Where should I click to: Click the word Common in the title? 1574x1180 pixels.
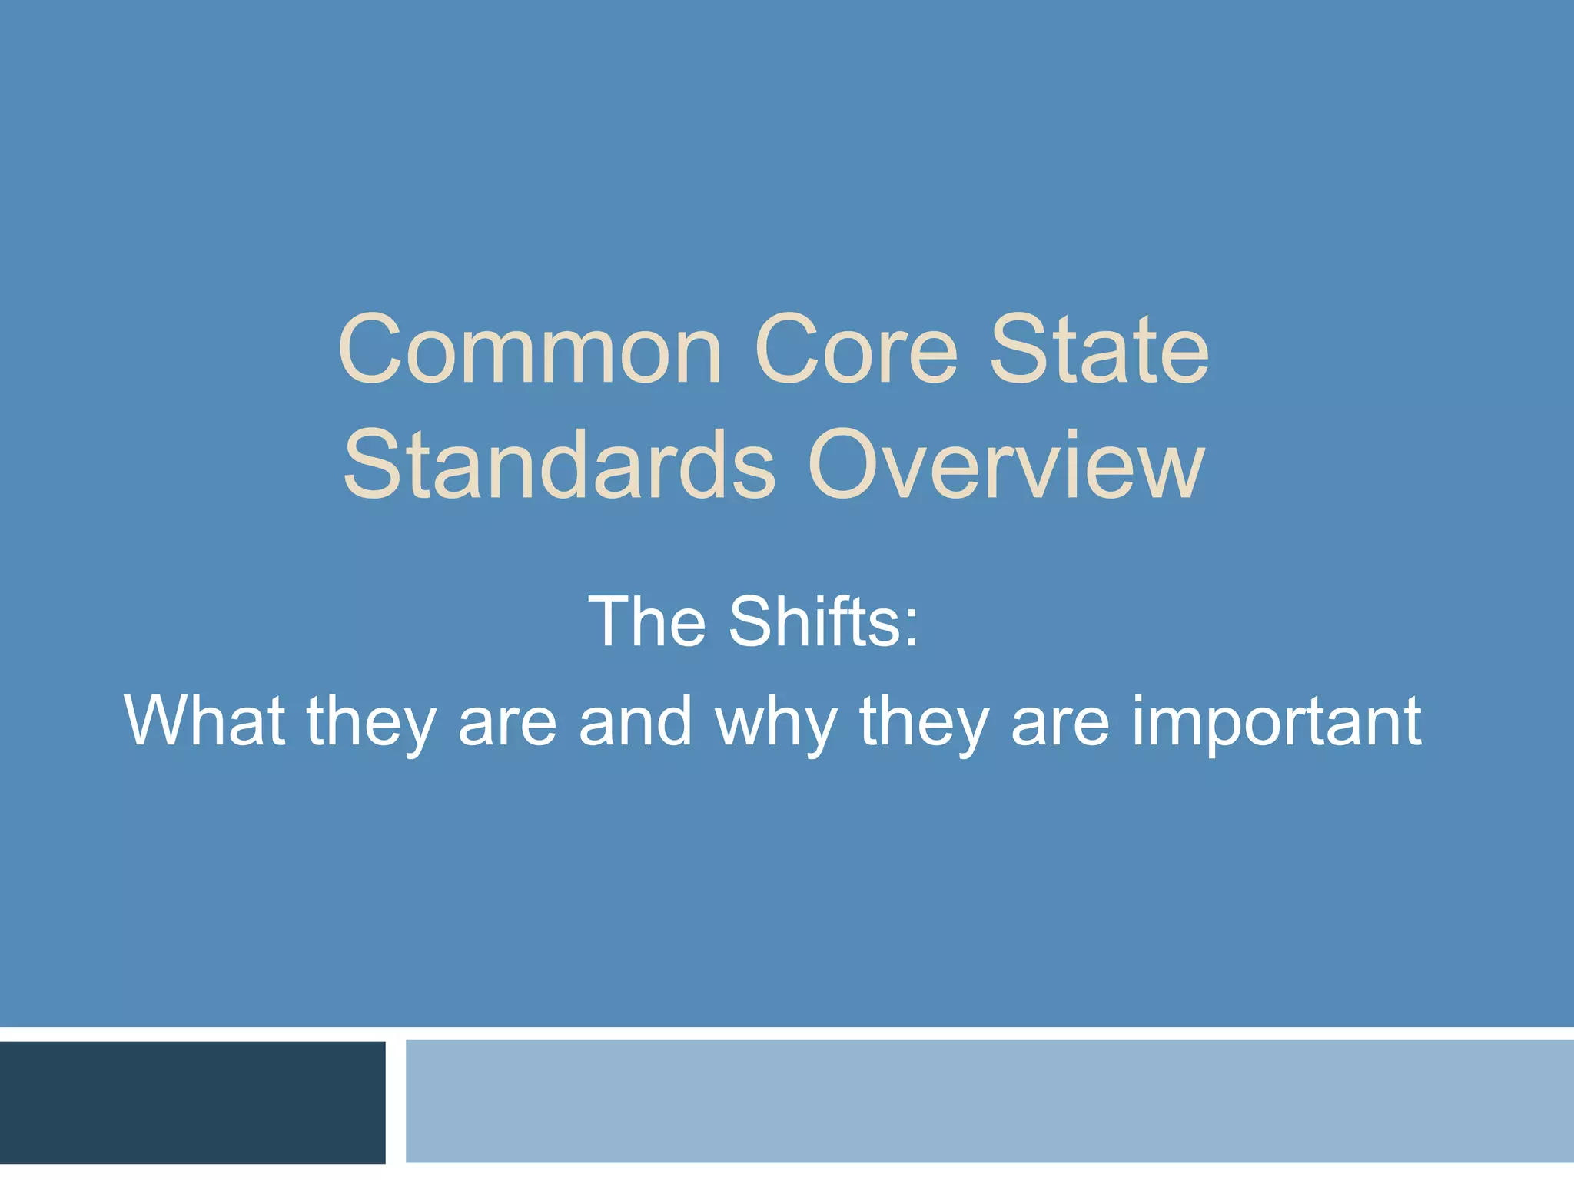pos(530,350)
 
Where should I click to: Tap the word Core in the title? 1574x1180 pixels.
pos(856,350)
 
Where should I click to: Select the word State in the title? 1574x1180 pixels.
pos(1099,350)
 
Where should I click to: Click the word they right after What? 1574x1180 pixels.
pos(371,722)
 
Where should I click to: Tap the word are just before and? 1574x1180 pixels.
pos(506,726)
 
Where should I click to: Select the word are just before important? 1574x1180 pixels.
pos(1060,726)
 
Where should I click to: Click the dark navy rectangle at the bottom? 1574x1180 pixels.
pos(192,1102)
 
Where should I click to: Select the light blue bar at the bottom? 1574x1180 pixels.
pos(989,1102)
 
